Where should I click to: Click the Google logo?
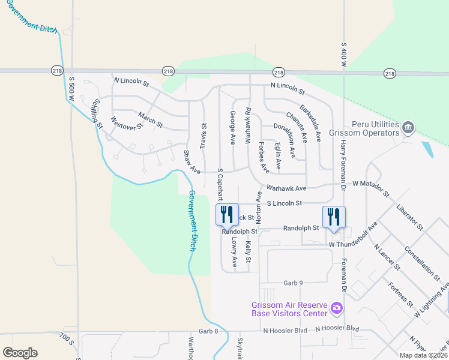click(20, 353)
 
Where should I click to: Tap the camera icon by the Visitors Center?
click(336, 309)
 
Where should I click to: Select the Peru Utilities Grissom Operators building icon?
click(408, 127)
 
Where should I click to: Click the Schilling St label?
click(96, 113)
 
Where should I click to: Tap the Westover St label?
click(127, 126)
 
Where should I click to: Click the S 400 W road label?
click(344, 53)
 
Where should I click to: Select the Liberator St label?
click(410, 218)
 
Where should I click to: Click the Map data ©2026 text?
click(423, 355)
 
